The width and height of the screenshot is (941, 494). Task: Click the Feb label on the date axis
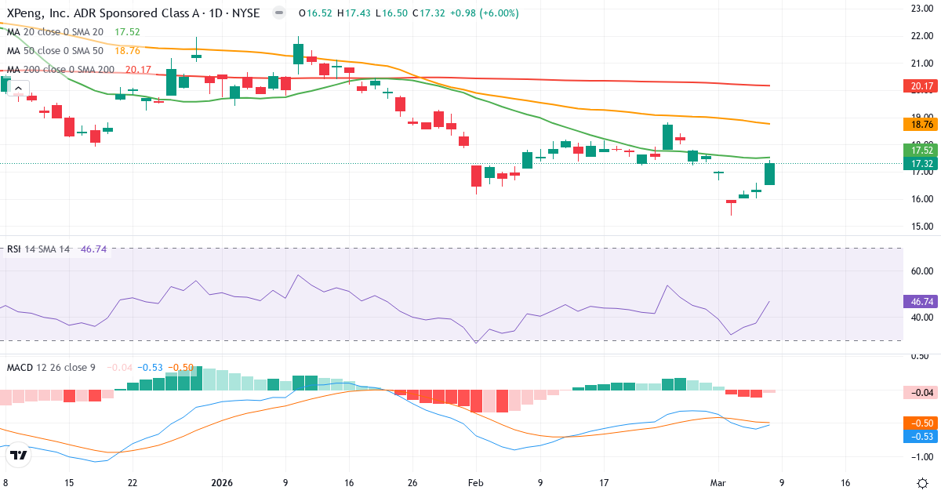click(x=476, y=483)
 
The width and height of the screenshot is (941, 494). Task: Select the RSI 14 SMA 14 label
click(x=38, y=249)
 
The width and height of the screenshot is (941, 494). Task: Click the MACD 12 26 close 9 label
click(x=52, y=367)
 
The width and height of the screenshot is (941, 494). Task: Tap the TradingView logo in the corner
click(x=19, y=455)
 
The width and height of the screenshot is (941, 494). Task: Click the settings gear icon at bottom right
click(x=923, y=482)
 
